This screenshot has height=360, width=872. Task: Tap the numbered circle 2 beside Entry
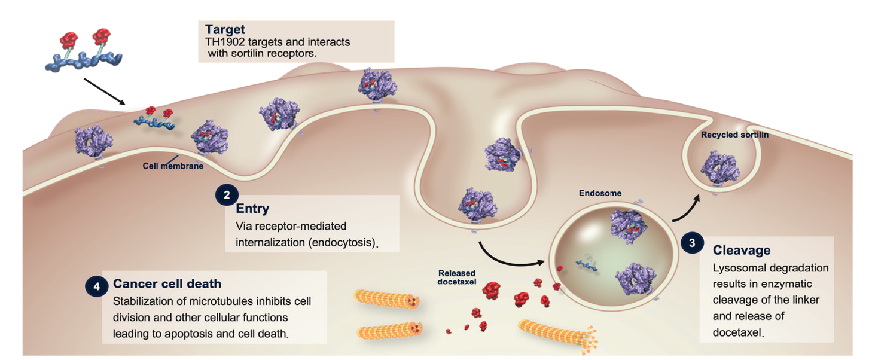click(x=227, y=194)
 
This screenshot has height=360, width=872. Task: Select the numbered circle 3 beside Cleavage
click(x=692, y=243)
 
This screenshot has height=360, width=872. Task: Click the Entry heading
click(x=252, y=209)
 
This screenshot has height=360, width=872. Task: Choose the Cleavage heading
click(x=741, y=250)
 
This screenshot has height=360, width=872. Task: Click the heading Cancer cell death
click(x=167, y=283)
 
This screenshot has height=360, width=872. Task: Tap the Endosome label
click(x=600, y=193)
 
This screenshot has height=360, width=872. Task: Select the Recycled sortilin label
click(x=734, y=135)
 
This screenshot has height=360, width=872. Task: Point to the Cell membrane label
click(x=172, y=166)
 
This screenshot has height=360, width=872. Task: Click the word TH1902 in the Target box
click(x=227, y=43)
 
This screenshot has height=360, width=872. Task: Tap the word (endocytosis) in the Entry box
click(x=348, y=242)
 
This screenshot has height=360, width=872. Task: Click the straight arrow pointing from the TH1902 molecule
click(x=104, y=91)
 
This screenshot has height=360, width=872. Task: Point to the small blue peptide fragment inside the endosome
click(x=586, y=263)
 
